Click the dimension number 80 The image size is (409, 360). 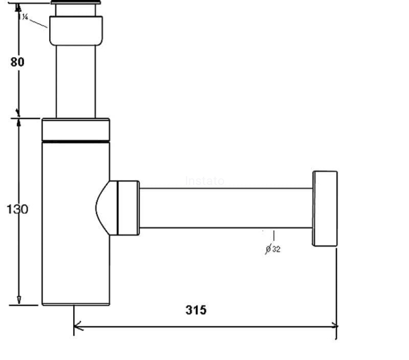coord(17,62)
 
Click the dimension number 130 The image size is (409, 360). coord(17,209)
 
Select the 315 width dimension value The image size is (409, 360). coord(196,310)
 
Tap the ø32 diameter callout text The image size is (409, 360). coord(273,249)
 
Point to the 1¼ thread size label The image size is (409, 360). coord(24,16)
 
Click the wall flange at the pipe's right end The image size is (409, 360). coord(324,208)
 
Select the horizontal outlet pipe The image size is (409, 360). coord(226,208)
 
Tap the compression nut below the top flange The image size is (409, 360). coord(76,31)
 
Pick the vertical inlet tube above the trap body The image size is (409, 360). coord(76,82)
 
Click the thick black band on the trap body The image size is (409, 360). coord(76,141)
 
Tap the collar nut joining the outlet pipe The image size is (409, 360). coord(129,208)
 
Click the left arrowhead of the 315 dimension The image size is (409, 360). coord(77,326)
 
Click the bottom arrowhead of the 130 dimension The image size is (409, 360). coord(19,299)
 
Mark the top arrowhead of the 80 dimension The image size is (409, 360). coord(18,8)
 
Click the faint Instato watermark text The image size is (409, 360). coord(204,181)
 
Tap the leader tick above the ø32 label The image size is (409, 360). coord(273,236)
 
